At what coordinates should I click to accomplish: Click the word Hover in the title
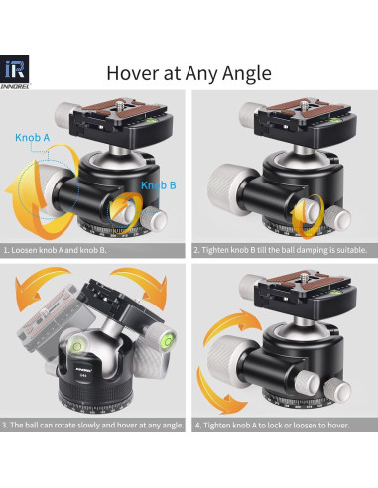tap(135, 73)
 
